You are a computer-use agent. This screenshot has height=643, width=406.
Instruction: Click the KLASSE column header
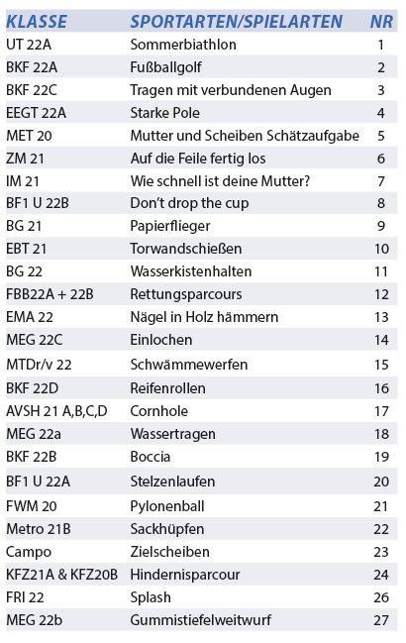[37, 22]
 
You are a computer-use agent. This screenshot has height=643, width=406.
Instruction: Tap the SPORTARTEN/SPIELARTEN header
[237, 22]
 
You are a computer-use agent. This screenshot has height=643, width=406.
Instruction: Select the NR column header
[381, 22]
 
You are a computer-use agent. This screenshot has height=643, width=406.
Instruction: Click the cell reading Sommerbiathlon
[183, 45]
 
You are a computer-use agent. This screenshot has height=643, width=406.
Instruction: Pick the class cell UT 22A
[29, 45]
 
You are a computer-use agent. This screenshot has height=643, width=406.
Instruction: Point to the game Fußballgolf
[166, 67]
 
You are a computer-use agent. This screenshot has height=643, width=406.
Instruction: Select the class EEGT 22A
[36, 113]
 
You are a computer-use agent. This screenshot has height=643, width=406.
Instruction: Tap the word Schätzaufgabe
[313, 136]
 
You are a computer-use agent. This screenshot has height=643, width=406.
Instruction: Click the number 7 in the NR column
[381, 181]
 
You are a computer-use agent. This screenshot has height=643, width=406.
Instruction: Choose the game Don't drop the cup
[189, 203]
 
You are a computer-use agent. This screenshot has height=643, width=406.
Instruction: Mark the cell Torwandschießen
[186, 249]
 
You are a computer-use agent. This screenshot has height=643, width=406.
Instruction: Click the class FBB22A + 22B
[50, 294]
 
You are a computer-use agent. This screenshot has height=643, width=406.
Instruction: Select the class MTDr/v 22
[39, 365]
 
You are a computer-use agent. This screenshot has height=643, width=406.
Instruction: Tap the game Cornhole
[159, 411]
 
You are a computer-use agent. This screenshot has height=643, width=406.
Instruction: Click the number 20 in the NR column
[381, 482]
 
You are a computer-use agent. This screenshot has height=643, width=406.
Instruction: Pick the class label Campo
[29, 552]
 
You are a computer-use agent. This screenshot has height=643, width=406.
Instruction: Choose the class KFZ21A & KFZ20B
[61, 575]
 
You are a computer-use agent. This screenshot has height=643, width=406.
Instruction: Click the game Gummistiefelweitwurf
[201, 620]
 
